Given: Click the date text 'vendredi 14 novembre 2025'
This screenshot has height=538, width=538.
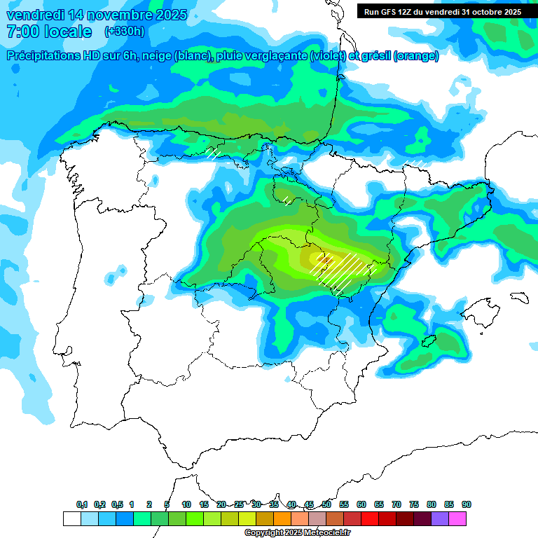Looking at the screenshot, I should pyautogui.click(x=97, y=15).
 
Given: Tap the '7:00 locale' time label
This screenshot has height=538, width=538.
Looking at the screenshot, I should pyautogui.click(x=48, y=32).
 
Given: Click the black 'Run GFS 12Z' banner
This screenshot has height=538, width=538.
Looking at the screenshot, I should pyautogui.click(x=442, y=12).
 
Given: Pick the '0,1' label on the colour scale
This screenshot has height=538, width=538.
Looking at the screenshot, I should pyautogui.click(x=82, y=504).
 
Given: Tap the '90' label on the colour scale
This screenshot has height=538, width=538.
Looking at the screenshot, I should pyautogui.click(x=466, y=504).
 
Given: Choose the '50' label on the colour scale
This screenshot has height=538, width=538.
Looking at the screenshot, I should pyautogui.click(x=326, y=504).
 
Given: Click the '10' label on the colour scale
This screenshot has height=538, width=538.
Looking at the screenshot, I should pyautogui.click(x=186, y=504).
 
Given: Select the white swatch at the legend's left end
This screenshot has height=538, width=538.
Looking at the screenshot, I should pyautogui.click(x=71, y=518).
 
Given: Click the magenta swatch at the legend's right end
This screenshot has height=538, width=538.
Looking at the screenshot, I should pyautogui.click(x=457, y=518).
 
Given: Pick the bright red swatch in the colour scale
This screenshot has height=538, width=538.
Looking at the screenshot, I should pyautogui.click(x=370, y=518).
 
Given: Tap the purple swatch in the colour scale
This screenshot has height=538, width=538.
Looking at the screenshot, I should pyautogui.click(x=440, y=518).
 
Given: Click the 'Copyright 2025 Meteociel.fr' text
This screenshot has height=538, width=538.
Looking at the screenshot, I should pyautogui.click(x=297, y=533).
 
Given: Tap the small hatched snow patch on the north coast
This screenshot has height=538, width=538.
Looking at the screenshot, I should pyautogui.click(x=214, y=152).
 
